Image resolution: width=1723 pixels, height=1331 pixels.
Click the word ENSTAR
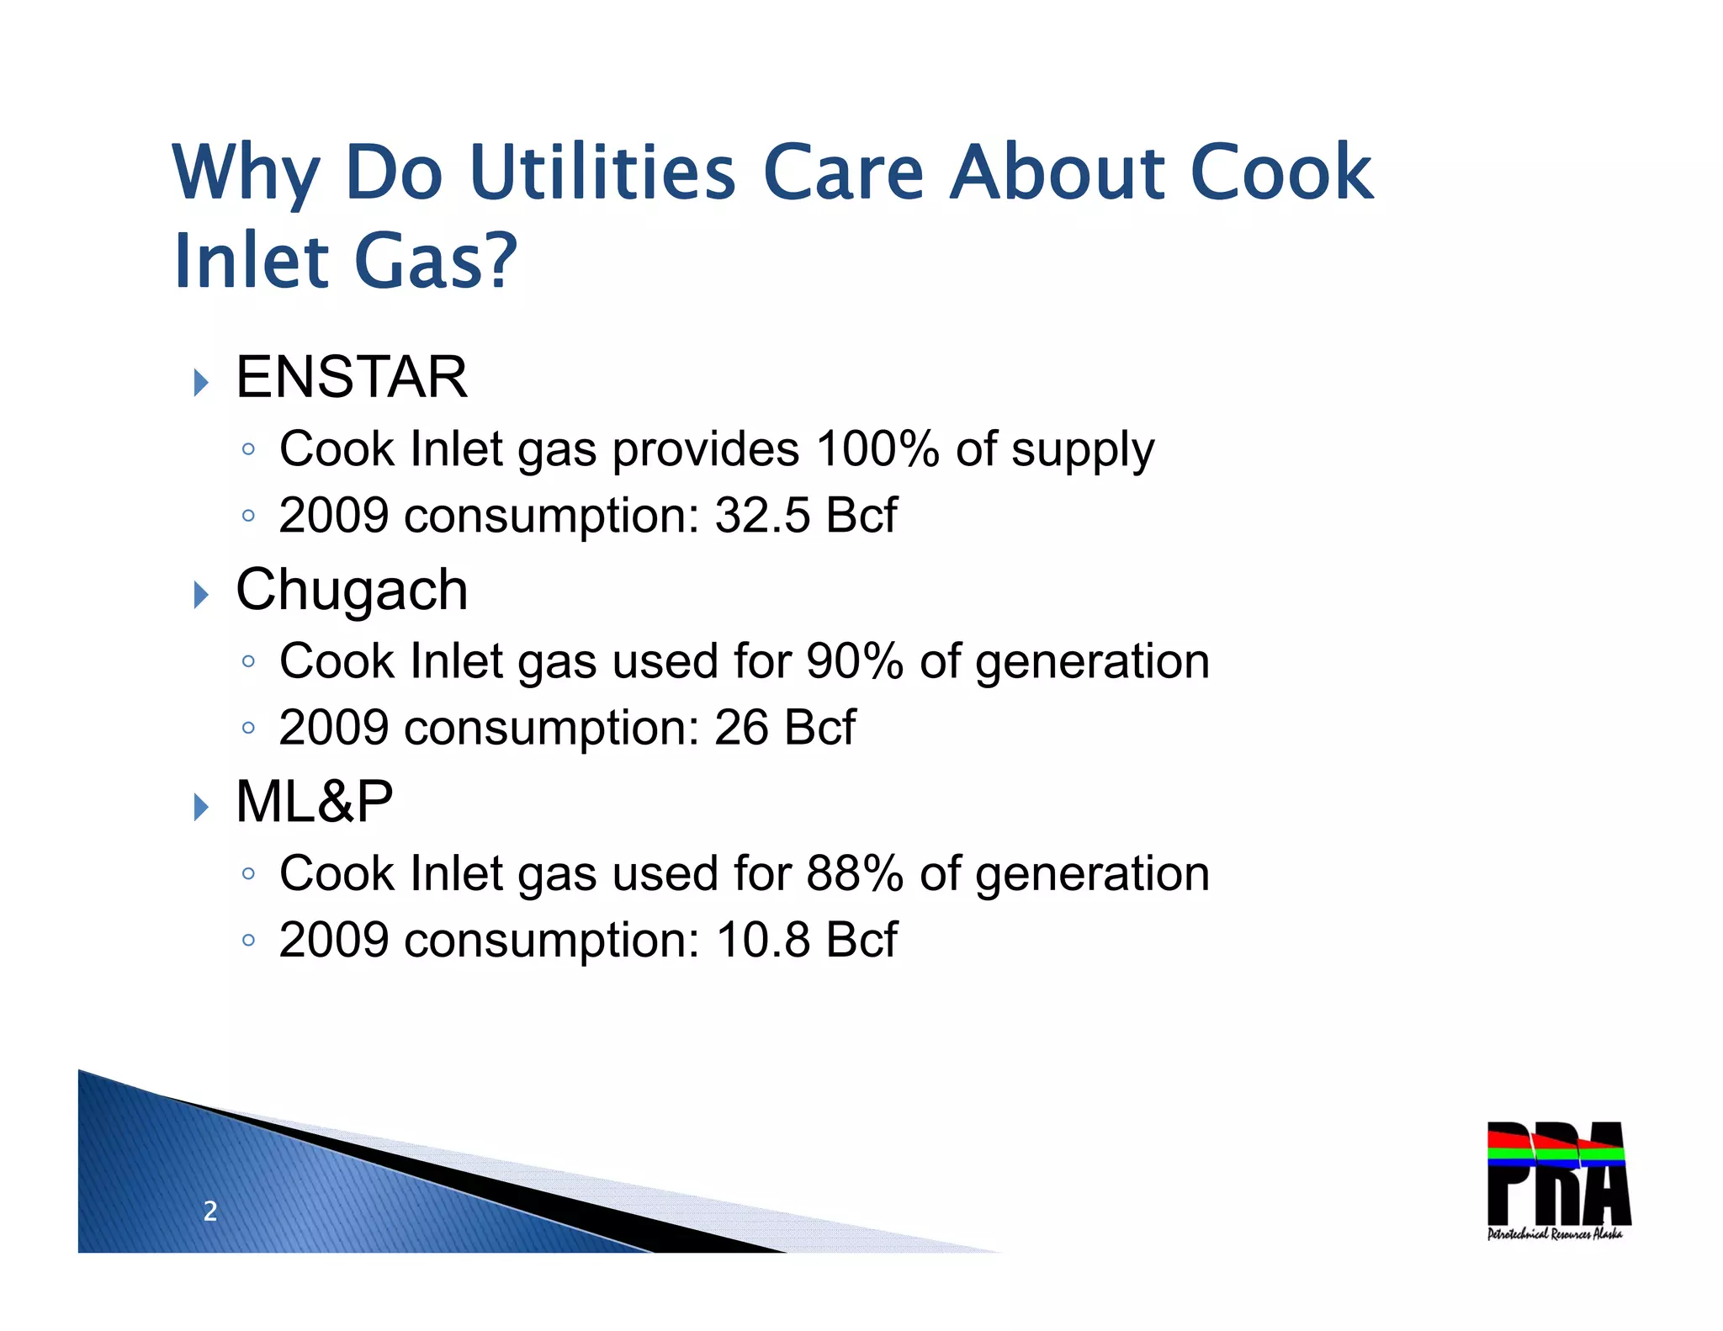[351, 377]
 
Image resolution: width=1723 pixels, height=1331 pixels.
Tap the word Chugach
[352, 590]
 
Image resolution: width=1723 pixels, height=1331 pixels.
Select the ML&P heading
[314, 802]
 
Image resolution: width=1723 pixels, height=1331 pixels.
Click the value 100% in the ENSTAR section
[877, 449]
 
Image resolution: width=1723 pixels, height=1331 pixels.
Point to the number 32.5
[762, 515]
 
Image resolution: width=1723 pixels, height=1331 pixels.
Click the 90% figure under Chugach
[854, 661]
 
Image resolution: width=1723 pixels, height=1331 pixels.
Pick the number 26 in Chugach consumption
[741, 727]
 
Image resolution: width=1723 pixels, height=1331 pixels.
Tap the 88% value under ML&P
[854, 873]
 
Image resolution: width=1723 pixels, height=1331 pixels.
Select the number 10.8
[763, 940]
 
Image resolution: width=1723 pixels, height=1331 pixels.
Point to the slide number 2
[210, 1212]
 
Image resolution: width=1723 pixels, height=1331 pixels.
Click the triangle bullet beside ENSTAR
[200, 383]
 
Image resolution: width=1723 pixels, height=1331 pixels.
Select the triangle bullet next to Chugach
[200, 596]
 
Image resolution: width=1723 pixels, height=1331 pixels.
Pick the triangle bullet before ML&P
[200, 808]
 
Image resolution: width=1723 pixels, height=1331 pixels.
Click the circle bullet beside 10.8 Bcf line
[247, 940]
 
